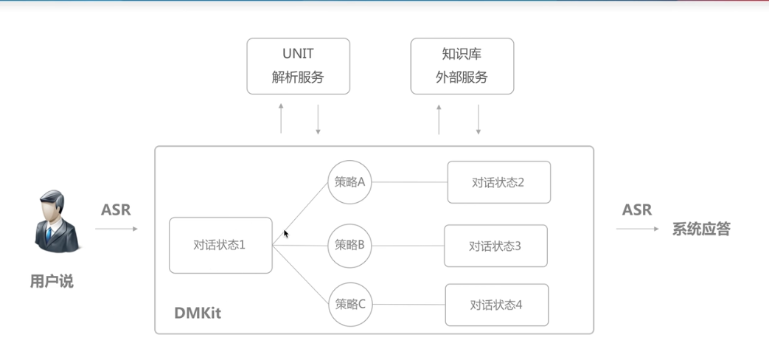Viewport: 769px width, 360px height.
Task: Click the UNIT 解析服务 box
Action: pyautogui.click(x=298, y=66)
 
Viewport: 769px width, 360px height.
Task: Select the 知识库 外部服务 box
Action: pyautogui.click(x=462, y=66)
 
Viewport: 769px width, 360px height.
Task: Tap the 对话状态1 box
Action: pyautogui.click(x=220, y=245)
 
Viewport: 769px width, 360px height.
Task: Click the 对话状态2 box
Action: pyautogui.click(x=498, y=182)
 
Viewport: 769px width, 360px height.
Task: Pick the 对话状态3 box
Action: pyautogui.click(x=495, y=246)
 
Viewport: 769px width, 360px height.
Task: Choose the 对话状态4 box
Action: pyautogui.click(x=496, y=304)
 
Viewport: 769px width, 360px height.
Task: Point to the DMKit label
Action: pyautogui.click(x=198, y=313)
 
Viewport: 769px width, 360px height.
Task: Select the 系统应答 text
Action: pyautogui.click(x=700, y=229)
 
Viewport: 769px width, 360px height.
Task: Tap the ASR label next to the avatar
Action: pyautogui.click(x=116, y=210)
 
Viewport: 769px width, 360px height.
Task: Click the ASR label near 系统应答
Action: pyautogui.click(x=636, y=210)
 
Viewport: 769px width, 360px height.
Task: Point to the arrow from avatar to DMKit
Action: pyautogui.click(x=116, y=229)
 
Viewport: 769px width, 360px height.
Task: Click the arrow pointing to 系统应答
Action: pyautogui.click(x=637, y=229)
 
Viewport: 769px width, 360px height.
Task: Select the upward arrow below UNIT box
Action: pyautogui.click(x=281, y=118)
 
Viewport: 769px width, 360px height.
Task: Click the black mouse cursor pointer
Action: pyautogui.click(x=285, y=233)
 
